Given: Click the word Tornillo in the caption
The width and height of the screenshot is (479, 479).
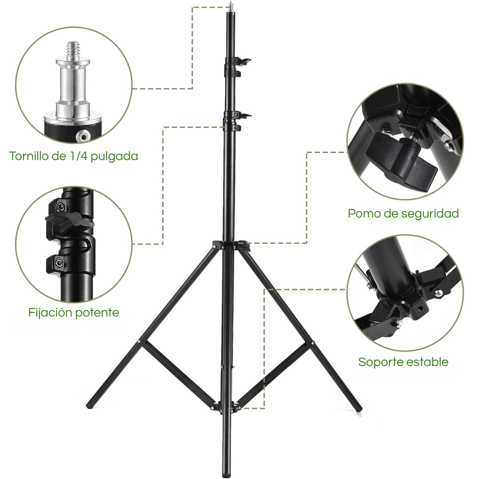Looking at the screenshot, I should coord(28,156).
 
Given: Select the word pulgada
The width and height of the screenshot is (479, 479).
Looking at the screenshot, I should coord(114,156).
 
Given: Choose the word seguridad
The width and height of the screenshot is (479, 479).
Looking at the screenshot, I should coord(430,214).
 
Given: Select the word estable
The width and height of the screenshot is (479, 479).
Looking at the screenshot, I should coord(429,362).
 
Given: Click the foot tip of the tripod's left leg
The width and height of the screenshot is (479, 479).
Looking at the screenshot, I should coord(89,406).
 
